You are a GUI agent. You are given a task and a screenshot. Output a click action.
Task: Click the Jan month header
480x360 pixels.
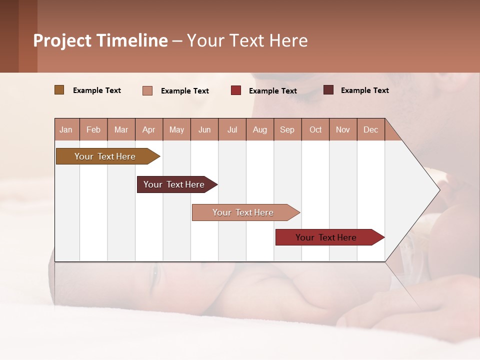pos(66,129)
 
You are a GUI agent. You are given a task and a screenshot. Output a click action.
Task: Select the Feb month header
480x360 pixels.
pos(93,129)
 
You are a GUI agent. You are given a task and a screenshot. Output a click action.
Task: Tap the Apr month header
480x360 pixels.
pos(149,129)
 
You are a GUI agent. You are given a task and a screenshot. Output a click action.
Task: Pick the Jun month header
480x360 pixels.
pos(204,129)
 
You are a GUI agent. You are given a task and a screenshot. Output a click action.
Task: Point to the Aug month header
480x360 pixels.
pos(260,129)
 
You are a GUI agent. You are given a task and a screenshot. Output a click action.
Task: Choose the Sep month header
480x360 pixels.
pos(287,129)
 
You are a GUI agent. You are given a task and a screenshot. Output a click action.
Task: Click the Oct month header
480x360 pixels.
pos(315,129)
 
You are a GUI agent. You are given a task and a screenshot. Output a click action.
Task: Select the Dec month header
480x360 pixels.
pos(371,129)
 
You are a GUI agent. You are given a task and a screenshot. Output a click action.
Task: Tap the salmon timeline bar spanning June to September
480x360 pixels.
pos(243,212)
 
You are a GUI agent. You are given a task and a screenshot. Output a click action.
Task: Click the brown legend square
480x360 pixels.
pos(59,90)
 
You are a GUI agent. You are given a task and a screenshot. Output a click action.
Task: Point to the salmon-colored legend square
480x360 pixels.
pos(147,90)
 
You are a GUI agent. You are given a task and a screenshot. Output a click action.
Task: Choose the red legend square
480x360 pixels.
pos(236,90)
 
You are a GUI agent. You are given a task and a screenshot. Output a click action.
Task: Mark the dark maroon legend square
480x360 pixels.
pos(328,90)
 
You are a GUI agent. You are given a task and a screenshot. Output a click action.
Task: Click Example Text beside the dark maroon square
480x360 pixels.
pos(364,90)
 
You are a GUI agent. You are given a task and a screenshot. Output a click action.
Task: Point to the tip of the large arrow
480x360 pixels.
pos(438,189)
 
